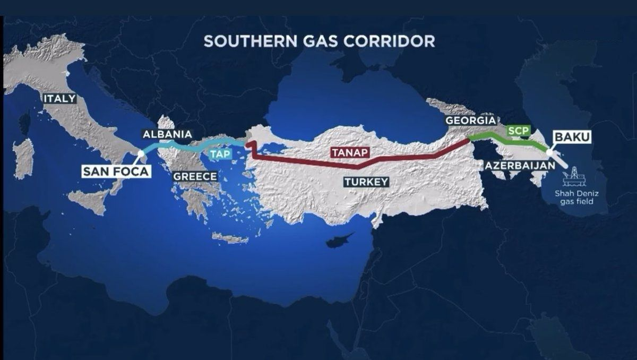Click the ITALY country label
(x=60, y=98)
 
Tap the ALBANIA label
(x=167, y=134)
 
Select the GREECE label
(x=195, y=176)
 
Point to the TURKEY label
(x=366, y=182)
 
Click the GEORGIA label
(x=471, y=121)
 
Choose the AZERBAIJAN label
(x=520, y=166)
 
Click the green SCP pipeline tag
(x=515, y=130)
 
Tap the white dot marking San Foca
(x=141, y=154)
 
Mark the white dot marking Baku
(x=550, y=153)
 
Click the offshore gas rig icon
(x=574, y=174)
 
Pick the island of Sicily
(x=90, y=201)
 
